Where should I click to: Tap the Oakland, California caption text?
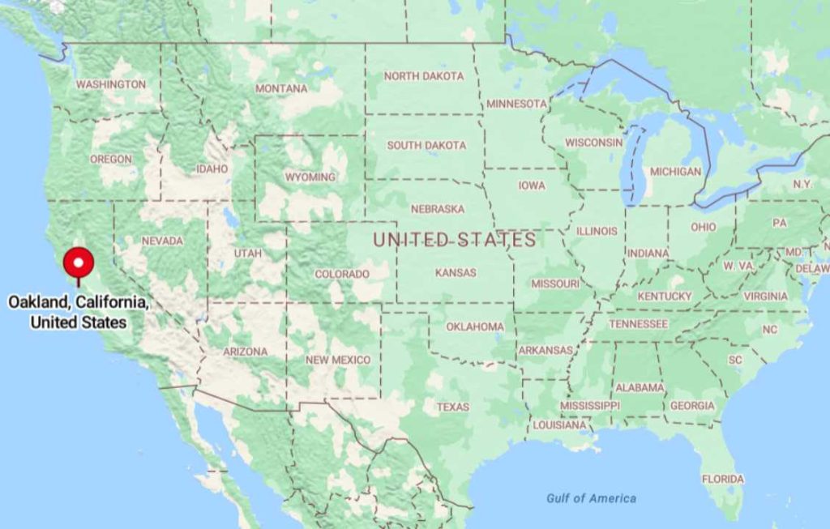79,312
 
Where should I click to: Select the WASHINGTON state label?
111,84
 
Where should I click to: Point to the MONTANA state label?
281,88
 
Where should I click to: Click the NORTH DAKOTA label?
424,76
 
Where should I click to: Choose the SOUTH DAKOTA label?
426,146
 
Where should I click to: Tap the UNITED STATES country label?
454,240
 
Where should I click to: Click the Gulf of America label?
591,498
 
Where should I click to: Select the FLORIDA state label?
722,479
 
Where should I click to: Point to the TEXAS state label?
453,407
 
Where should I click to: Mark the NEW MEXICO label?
338,360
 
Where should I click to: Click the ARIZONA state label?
246,352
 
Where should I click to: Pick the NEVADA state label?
162,241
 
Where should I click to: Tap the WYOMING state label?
310,177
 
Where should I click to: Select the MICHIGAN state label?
675,172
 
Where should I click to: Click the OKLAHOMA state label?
475,327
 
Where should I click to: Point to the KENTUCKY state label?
665,296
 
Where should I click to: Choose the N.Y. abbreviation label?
802,185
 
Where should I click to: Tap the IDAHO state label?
212,169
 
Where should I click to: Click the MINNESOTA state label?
516,104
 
